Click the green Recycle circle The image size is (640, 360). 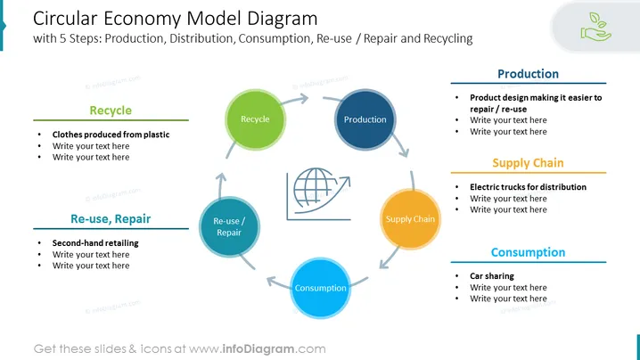pyautogui.click(x=255, y=119)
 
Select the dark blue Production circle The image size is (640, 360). pyautogui.click(x=365, y=119)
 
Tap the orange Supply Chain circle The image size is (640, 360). pyautogui.click(x=410, y=219)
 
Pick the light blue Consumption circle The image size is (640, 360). pyautogui.click(x=320, y=288)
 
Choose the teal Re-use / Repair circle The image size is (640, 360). pyautogui.click(x=229, y=227)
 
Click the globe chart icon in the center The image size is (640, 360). pyautogui.click(x=318, y=194)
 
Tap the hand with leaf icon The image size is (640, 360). pyautogui.click(x=596, y=27)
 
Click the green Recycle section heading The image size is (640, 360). pyautogui.click(x=111, y=110)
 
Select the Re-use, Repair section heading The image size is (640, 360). pyautogui.click(x=111, y=219)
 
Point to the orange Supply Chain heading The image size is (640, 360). pyautogui.click(x=528, y=163)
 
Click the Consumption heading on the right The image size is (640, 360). pyautogui.click(x=528, y=252)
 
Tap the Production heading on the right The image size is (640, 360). pyautogui.click(x=528, y=74)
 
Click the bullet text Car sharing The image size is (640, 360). pyautogui.click(x=492, y=276)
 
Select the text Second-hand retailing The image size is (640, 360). pyautogui.click(x=95, y=243)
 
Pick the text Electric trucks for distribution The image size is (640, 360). pyautogui.click(x=529, y=187)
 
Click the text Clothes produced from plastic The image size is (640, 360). pyautogui.click(x=111, y=135)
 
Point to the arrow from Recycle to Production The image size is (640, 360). pyautogui.click(x=295, y=100)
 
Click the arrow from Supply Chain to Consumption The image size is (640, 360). pyautogui.click(x=389, y=258)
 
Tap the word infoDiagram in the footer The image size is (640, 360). pyautogui.click(x=258, y=349)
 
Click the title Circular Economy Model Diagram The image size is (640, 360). pyautogui.click(x=175, y=19)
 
